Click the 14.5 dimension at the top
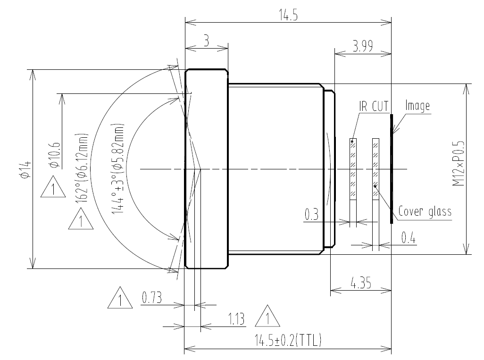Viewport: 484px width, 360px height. [x=288, y=15]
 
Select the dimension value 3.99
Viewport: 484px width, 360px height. [x=363, y=46]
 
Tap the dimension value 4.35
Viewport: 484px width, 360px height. [x=361, y=283]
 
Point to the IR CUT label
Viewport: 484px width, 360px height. [x=374, y=106]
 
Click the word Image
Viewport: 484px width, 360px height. [x=417, y=106]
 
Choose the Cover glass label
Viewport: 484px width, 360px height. [x=425, y=211]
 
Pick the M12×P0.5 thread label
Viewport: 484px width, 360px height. [x=459, y=163]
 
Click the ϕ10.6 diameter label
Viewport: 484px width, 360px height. [x=54, y=155]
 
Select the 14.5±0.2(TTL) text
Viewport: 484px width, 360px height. [x=288, y=340]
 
